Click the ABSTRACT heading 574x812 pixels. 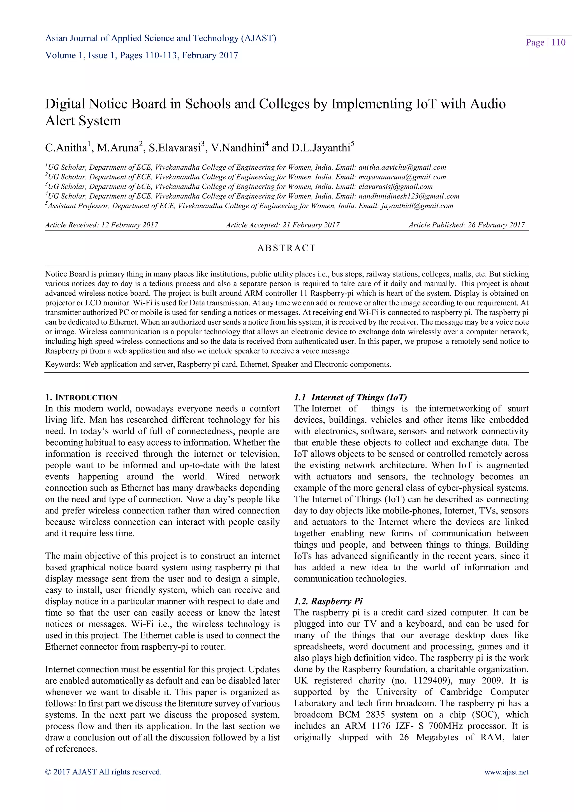point(286,248)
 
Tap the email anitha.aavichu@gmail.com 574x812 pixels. point(402,167)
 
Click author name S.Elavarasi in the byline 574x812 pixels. point(175,148)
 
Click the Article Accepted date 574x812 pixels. point(283,225)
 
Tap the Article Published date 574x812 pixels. point(467,225)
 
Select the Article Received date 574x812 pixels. point(101,225)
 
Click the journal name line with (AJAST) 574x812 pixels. point(161,38)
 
